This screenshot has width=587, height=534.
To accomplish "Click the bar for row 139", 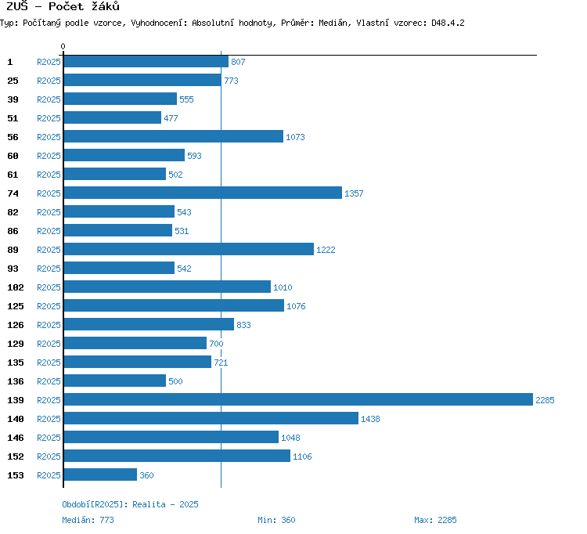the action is [298, 399].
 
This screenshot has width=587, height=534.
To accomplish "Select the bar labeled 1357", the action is [203, 193].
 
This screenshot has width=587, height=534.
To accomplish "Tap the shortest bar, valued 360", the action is [100, 474].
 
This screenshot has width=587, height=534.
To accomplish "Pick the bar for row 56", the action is [174, 136].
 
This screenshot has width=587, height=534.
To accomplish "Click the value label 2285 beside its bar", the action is [545, 400].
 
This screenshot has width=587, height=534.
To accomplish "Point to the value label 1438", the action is [370, 419].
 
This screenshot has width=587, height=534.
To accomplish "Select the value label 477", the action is [171, 118].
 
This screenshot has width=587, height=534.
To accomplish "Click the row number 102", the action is [16, 287].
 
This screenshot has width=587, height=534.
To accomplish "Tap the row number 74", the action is [13, 193].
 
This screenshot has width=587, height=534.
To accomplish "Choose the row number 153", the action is [16, 475].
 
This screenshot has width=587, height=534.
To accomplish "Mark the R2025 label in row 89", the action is [49, 250].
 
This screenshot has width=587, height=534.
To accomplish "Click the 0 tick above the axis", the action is [63, 46].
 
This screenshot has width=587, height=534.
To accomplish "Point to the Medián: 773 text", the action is [88, 520].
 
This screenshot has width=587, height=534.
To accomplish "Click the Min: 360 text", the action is [276, 520].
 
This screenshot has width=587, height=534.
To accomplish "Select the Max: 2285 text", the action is [435, 520].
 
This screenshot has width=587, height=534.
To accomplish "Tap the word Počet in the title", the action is [66, 7].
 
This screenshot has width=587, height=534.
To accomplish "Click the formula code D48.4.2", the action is [448, 23].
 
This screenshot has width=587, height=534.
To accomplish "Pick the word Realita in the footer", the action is [149, 504].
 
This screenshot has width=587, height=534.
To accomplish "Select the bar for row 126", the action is [149, 324].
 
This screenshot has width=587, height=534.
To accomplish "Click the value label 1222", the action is [326, 250].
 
